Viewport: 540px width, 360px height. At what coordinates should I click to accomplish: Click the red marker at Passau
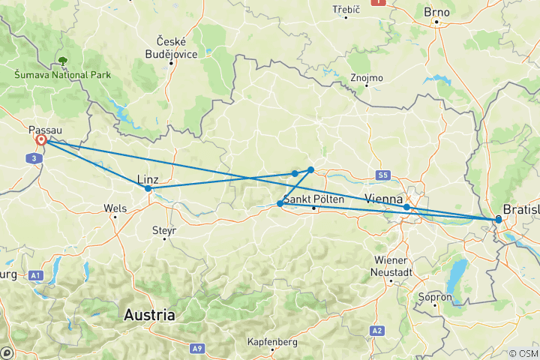coord(41,140)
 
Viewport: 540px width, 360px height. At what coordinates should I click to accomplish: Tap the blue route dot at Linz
coord(148,189)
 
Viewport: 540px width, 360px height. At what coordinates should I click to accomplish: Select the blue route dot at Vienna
coord(406,207)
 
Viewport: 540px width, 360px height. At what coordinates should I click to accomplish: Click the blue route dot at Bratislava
coord(498,219)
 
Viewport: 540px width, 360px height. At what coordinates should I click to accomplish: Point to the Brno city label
coord(436,12)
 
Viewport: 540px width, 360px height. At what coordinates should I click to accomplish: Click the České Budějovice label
coord(171,46)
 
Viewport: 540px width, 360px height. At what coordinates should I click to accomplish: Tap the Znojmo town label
coord(367,77)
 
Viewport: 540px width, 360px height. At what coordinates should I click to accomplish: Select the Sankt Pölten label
coord(313,199)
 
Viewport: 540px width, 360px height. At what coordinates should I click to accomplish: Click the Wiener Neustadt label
coord(390,265)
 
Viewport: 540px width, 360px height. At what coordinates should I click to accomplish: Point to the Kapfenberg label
coord(273,342)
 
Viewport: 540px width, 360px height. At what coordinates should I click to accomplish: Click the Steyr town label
coord(163,230)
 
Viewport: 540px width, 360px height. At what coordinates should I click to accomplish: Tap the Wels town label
coord(115,207)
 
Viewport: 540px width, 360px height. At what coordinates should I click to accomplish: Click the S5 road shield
coord(384,175)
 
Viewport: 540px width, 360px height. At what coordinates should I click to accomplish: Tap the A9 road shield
coord(196,348)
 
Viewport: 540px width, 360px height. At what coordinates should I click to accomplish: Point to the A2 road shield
coord(376,331)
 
